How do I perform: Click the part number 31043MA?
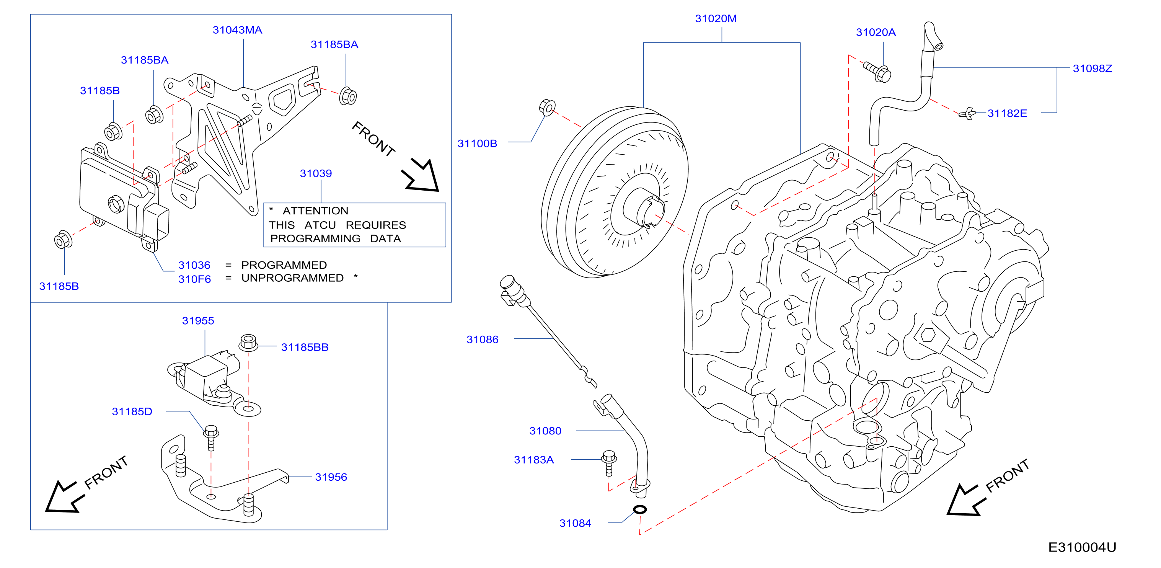tap(237, 30)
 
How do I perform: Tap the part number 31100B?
tap(477, 144)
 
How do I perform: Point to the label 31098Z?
tap(1092, 69)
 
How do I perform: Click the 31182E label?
tap(1007, 113)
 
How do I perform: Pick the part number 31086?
tap(482, 339)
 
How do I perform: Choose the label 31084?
tap(575, 523)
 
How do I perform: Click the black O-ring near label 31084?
tap(640, 509)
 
